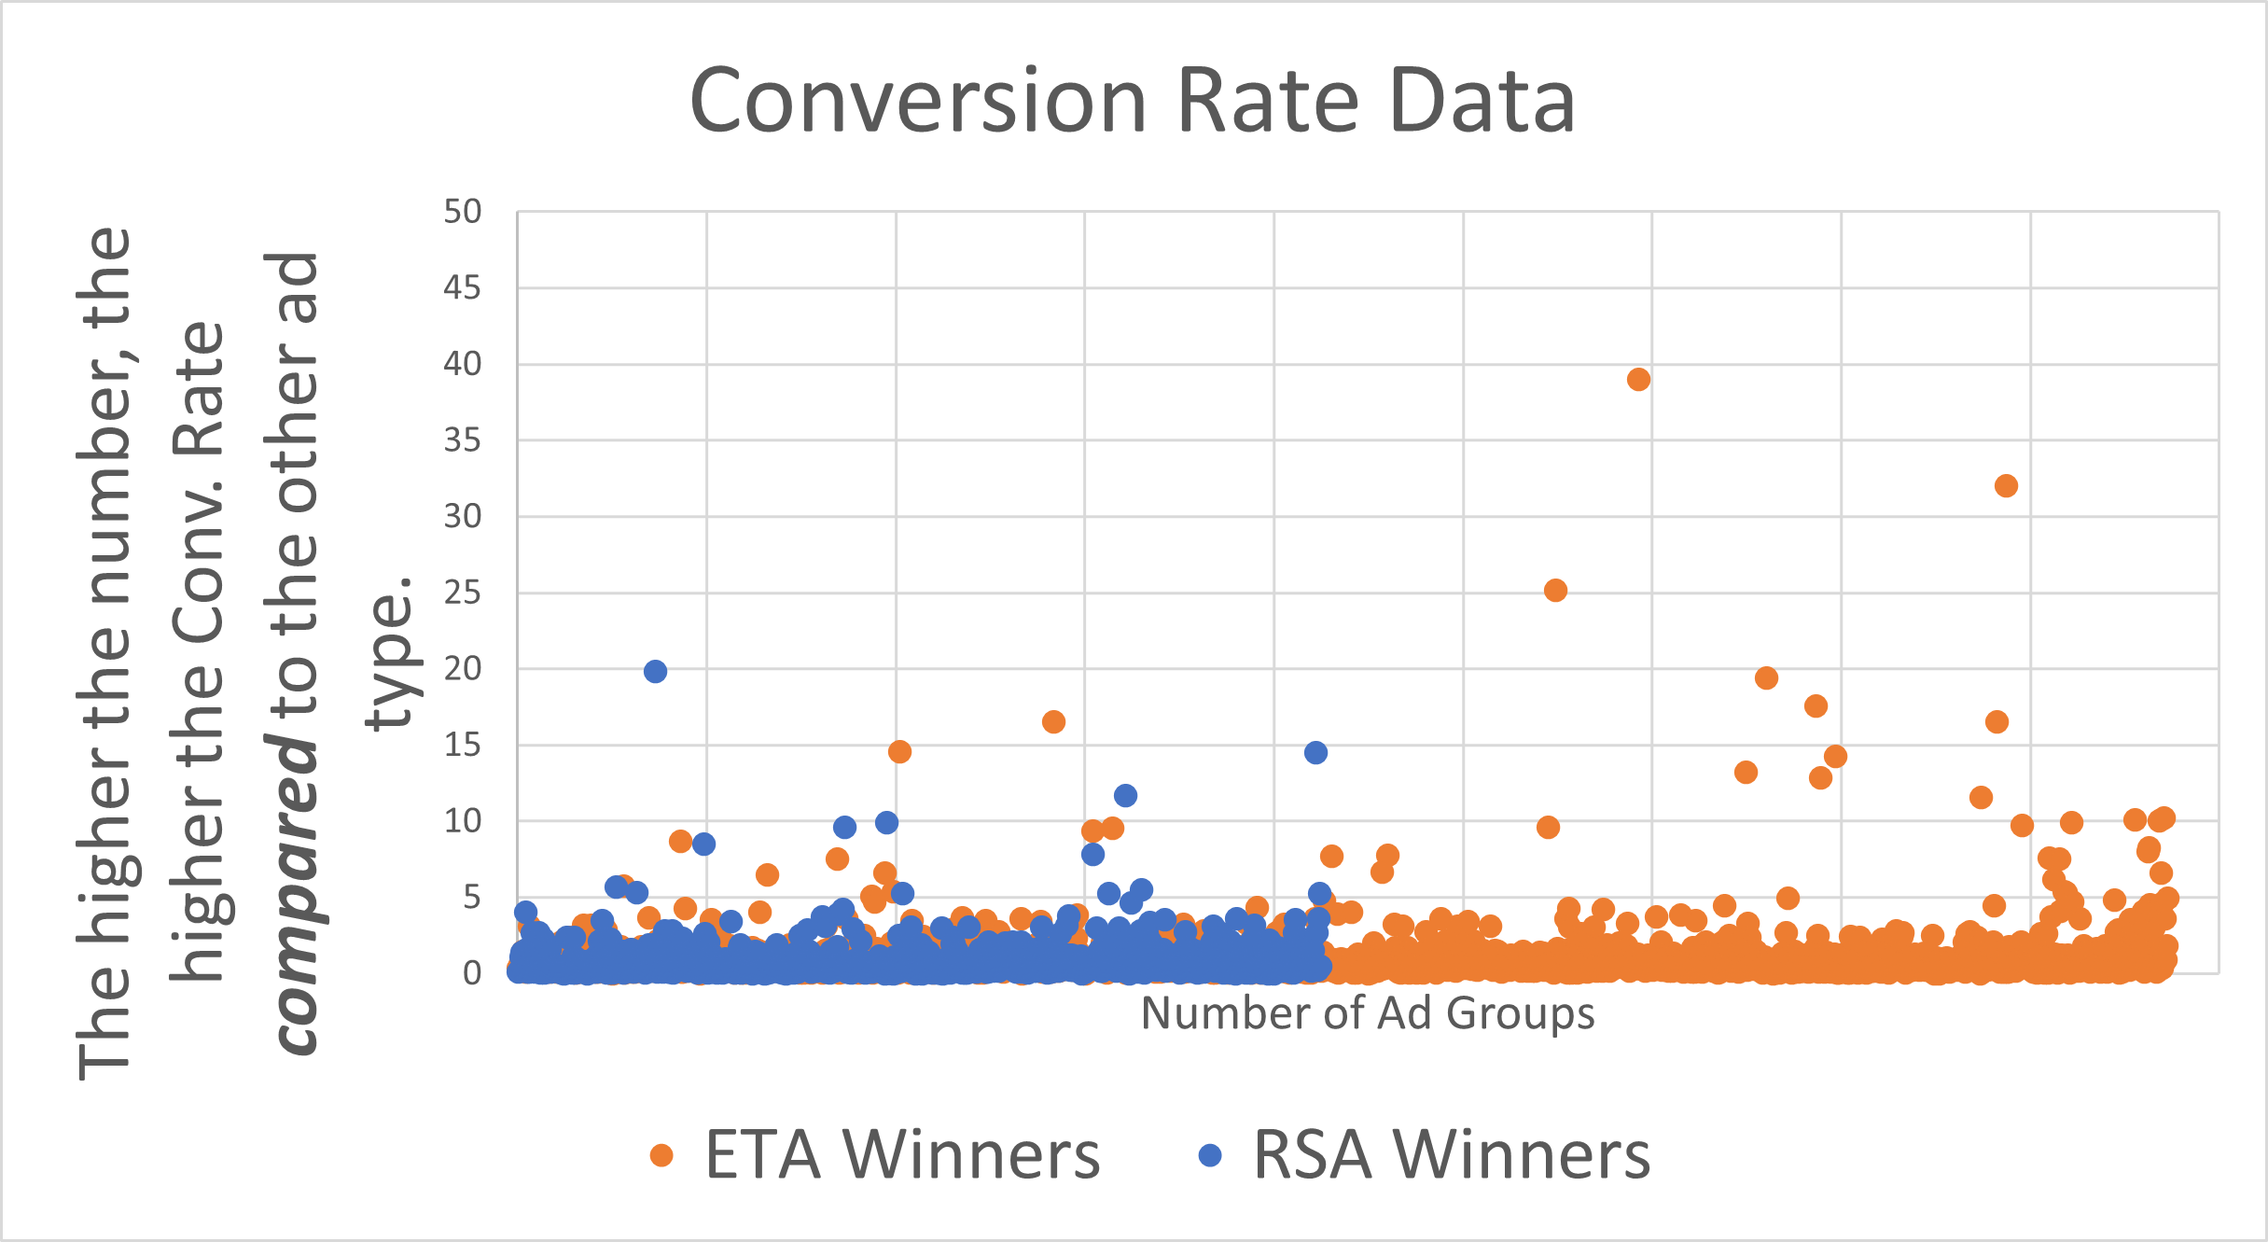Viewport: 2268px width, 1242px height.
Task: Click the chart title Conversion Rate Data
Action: [1133, 101]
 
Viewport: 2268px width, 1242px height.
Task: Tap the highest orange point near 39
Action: [1638, 380]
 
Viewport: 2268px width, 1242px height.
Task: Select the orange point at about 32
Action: [2006, 486]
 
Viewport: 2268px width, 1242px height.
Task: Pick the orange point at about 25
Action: [1555, 591]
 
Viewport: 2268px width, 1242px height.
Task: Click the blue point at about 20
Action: [655, 672]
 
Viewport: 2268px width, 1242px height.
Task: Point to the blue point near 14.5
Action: [1315, 753]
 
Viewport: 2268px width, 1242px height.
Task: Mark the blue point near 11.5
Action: [1125, 796]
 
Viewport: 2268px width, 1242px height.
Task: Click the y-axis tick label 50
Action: [463, 213]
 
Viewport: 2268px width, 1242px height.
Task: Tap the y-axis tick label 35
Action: [463, 440]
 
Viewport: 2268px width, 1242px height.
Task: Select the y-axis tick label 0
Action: [472, 973]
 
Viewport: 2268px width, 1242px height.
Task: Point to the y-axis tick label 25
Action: [463, 593]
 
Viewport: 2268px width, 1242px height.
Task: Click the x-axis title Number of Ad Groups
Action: [1368, 1013]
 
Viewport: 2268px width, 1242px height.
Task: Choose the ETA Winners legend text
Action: [902, 1155]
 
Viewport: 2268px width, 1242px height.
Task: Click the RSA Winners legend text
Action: [1452, 1155]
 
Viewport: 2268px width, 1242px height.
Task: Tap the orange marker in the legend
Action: [661, 1155]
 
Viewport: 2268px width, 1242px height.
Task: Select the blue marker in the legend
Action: [1210, 1155]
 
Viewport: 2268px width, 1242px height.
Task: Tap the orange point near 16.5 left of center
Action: [1053, 722]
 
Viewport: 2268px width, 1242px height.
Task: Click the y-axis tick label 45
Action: [463, 288]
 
